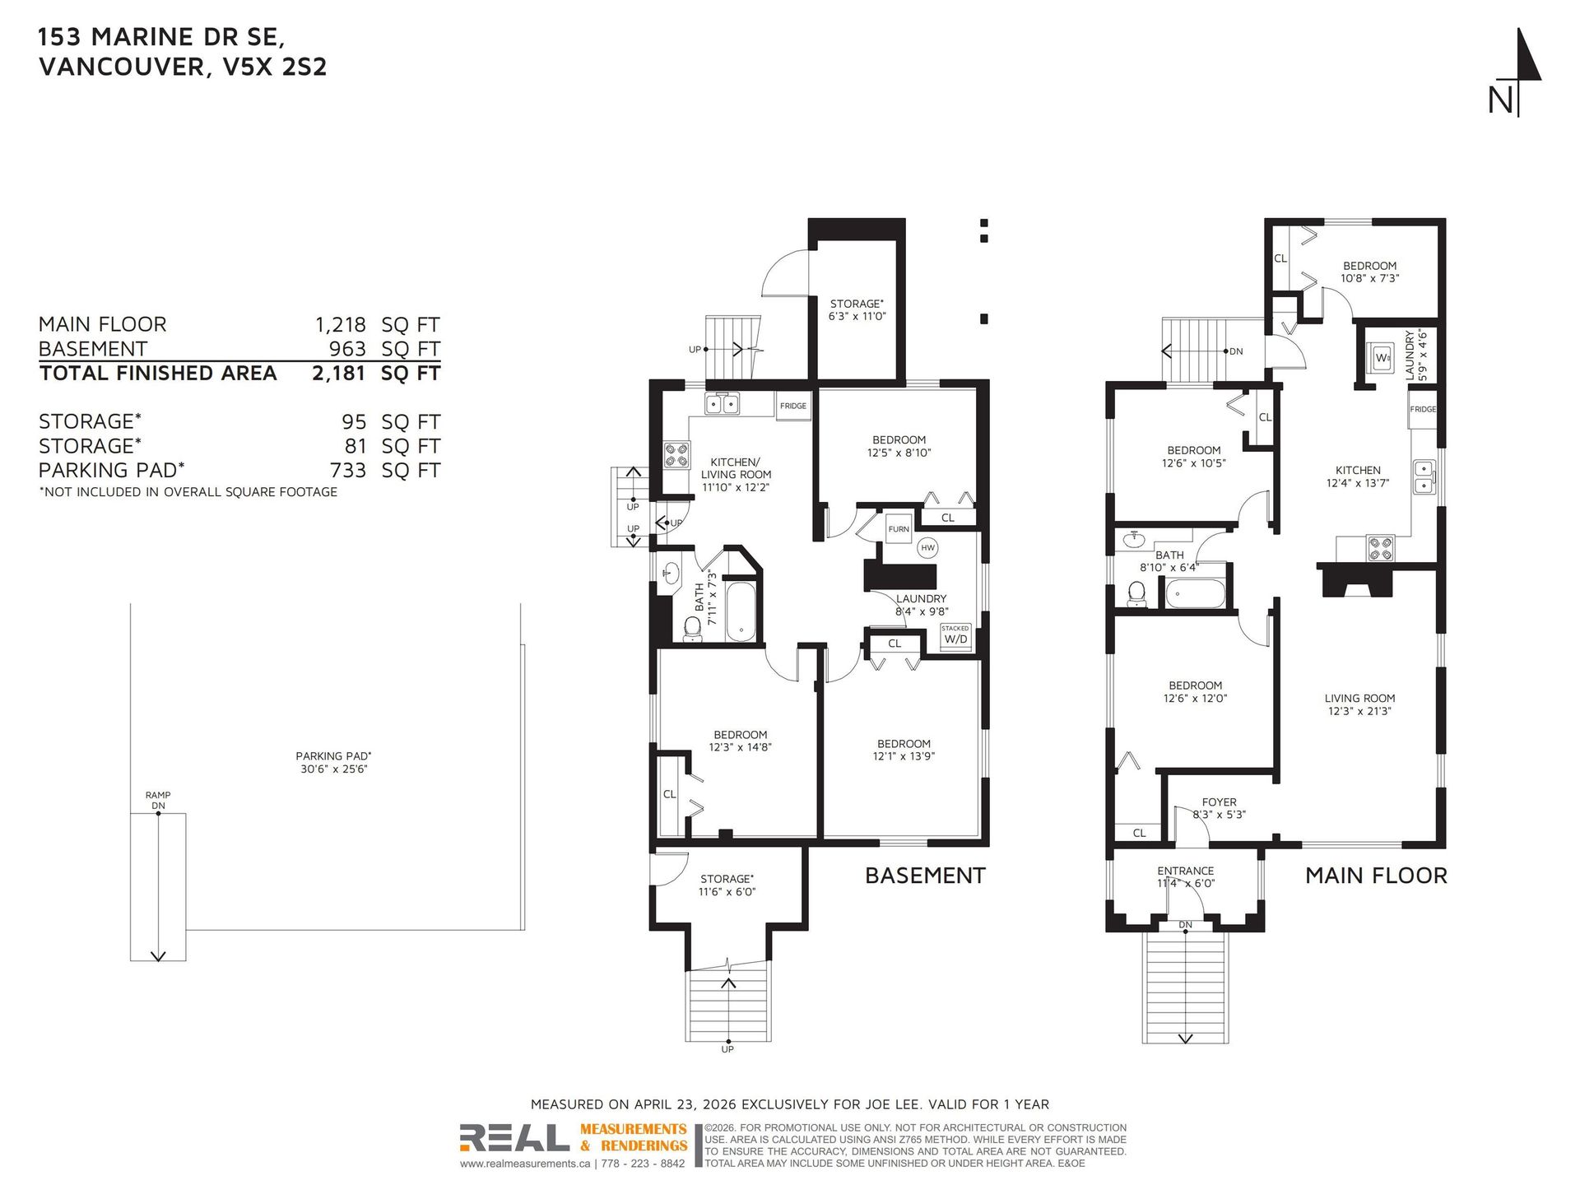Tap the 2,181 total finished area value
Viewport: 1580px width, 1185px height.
pyautogui.click(x=338, y=374)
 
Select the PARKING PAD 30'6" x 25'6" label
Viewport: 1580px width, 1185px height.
pyautogui.click(x=333, y=762)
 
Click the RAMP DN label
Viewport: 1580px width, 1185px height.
pyautogui.click(x=158, y=801)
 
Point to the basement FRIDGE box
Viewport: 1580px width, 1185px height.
pyautogui.click(x=793, y=406)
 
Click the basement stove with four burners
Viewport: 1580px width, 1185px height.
pyautogui.click(x=676, y=455)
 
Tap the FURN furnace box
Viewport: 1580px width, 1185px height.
pyautogui.click(x=899, y=529)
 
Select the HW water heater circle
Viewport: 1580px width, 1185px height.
pyautogui.click(x=928, y=548)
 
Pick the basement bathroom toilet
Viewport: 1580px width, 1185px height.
pyautogui.click(x=693, y=629)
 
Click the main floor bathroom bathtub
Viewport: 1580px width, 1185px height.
pyautogui.click(x=1195, y=592)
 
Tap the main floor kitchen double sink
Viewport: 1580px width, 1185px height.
pyautogui.click(x=1424, y=477)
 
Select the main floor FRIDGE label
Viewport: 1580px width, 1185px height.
pyautogui.click(x=1423, y=409)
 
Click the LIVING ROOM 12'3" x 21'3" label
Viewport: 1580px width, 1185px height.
pyautogui.click(x=1359, y=704)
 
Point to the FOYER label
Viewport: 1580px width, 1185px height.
pyautogui.click(x=1219, y=802)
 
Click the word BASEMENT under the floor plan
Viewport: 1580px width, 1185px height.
pyautogui.click(x=925, y=876)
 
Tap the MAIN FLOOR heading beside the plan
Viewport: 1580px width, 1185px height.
pyautogui.click(x=1376, y=876)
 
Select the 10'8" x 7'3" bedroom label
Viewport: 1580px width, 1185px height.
pyautogui.click(x=1369, y=278)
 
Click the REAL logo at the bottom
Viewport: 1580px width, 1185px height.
pyautogui.click(x=514, y=1138)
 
